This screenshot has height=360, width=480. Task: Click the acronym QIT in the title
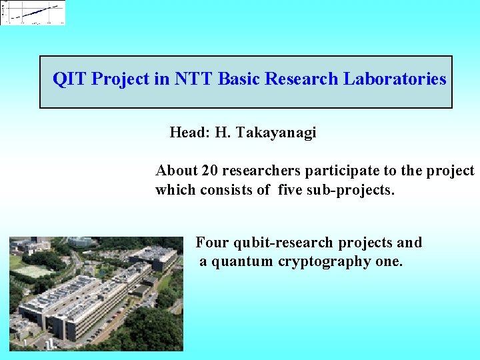[69, 79]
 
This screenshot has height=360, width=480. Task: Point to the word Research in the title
[302, 79]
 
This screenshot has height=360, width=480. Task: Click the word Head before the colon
[188, 133]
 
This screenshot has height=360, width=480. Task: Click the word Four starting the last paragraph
[212, 242]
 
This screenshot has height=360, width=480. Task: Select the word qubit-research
[285, 242]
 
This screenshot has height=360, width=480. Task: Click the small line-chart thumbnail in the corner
[33, 13]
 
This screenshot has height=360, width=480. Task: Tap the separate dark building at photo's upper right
[153, 257]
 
